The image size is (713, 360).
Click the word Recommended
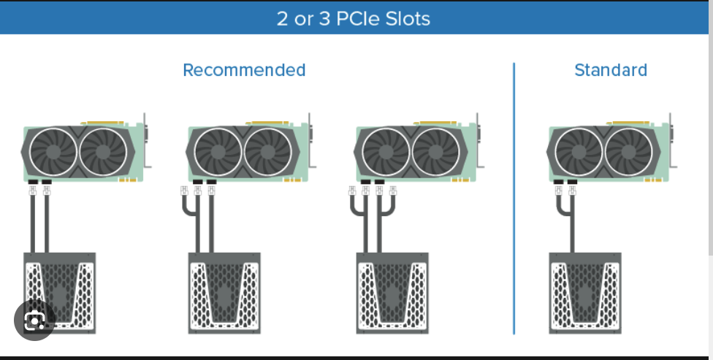(244, 70)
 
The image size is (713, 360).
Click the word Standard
(611, 70)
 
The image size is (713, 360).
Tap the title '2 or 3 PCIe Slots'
(354, 19)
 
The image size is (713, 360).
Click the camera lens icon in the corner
(34, 320)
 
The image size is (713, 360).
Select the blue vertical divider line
(514, 199)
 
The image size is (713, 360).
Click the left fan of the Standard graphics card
(579, 152)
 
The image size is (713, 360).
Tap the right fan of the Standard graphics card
(628, 152)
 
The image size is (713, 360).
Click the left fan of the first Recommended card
(53, 152)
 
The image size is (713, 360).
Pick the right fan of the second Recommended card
(268, 152)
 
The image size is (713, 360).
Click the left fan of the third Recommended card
(386, 152)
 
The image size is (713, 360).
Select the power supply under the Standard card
(585, 293)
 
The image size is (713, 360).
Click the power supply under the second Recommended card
(224, 293)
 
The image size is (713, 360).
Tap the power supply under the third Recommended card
(392, 293)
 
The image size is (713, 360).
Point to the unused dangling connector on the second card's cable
(184, 191)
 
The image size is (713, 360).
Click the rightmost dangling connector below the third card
(393, 191)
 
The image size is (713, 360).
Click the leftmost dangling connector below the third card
(352, 191)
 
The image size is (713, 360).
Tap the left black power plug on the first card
(33, 182)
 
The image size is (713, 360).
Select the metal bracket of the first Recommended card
(146, 140)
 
